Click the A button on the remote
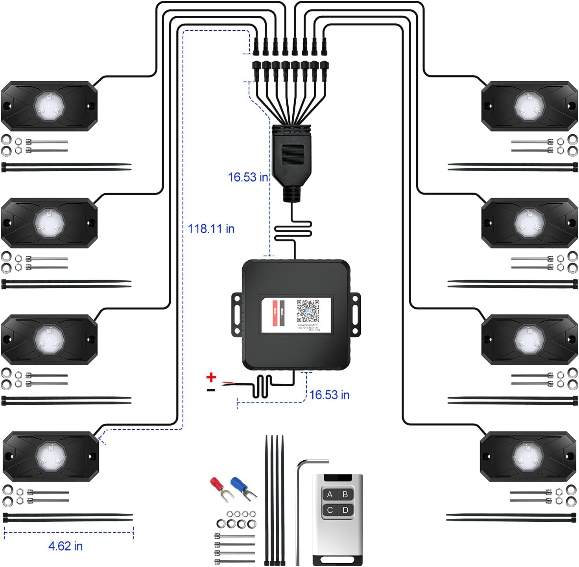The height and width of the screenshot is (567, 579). point(330,495)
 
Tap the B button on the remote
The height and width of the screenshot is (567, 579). point(345,495)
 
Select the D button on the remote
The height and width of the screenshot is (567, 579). point(345,510)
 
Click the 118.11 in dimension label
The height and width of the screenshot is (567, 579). point(211,229)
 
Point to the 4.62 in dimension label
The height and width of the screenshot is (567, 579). point(65,546)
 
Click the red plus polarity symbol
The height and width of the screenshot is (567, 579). point(211,378)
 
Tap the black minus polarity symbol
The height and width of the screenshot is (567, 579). point(211,390)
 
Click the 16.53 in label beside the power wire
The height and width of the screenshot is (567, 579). point(329,395)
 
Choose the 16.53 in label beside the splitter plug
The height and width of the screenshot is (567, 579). point(248,177)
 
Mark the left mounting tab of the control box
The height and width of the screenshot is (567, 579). point(237,313)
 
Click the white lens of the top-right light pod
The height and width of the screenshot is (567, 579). point(529,106)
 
